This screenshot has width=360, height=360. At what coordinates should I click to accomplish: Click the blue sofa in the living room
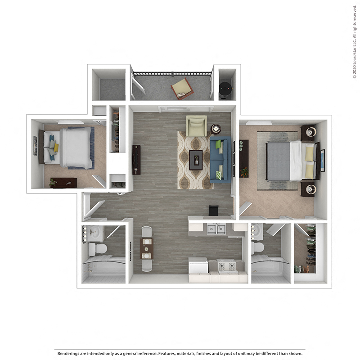tap(220, 159)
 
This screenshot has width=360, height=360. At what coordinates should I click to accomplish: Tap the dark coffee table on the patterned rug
tap(195, 160)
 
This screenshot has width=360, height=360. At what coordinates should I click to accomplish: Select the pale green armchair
tap(196, 126)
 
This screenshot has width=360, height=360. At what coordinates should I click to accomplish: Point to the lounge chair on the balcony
tap(182, 89)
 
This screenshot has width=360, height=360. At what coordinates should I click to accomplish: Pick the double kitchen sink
tap(216, 229)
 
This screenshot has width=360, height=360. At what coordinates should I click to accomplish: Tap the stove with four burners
tap(226, 266)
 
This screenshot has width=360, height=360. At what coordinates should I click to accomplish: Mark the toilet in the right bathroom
tap(258, 247)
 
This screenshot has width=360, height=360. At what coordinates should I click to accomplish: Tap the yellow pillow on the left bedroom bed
tap(56, 147)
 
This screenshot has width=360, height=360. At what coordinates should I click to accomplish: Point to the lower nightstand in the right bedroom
tap(309, 189)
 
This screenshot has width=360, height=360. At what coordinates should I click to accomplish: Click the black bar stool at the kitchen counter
tap(213, 210)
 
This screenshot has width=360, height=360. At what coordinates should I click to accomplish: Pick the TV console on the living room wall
tap(136, 160)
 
